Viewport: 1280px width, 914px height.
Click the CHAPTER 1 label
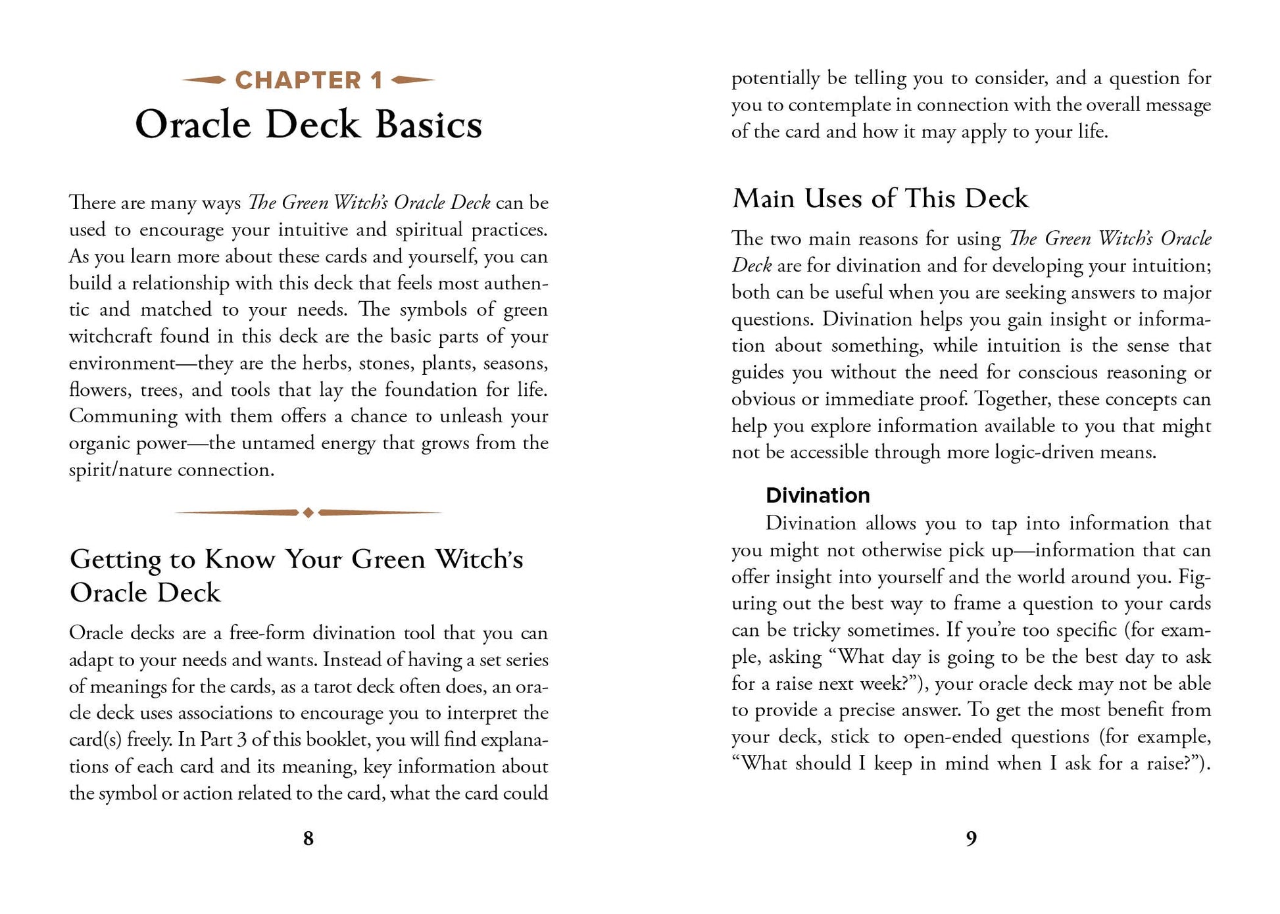308,81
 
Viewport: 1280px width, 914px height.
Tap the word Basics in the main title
428,125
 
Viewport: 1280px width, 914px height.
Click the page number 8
308,838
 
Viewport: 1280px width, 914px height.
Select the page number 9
971,838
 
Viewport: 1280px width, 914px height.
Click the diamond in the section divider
308,512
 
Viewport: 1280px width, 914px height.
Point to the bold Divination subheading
818,495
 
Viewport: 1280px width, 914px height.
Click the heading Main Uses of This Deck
879,199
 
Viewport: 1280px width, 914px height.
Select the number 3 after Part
241,740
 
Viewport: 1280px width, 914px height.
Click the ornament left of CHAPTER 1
204,80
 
